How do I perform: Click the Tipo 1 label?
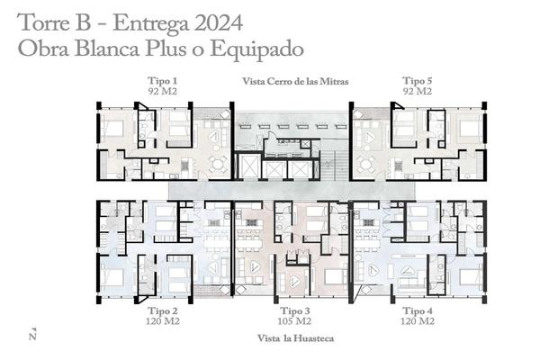click(163, 81)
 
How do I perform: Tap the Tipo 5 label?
click(417, 81)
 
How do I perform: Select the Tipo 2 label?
click(163, 310)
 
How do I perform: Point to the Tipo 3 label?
click(295, 310)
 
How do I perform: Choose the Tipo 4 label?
click(418, 310)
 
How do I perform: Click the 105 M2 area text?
click(294, 321)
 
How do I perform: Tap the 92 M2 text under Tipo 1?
click(163, 91)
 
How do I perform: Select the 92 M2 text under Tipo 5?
click(417, 91)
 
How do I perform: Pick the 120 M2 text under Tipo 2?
click(163, 321)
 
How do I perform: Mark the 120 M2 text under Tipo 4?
click(418, 321)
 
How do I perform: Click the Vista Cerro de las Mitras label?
click(295, 82)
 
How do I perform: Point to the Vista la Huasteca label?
click(295, 338)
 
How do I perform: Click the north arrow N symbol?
click(32, 333)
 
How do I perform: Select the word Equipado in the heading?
click(256, 49)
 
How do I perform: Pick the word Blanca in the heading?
click(107, 49)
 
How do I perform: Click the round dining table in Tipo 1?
click(218, 165)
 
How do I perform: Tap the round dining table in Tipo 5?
click(365, 165)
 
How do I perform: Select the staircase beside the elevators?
click(334, 166)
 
